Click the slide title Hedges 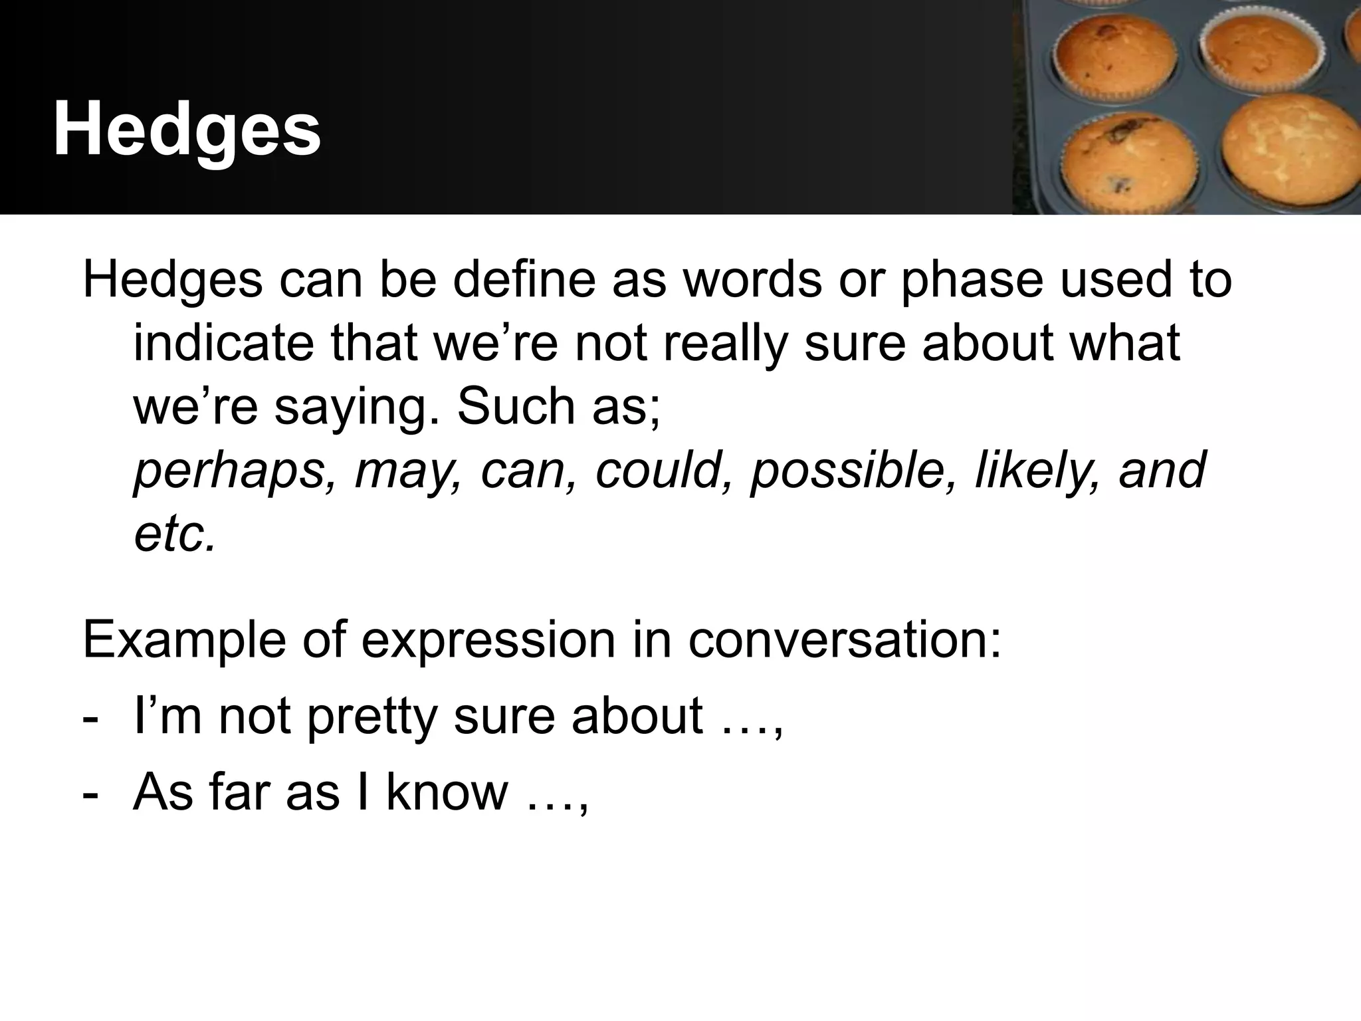187,129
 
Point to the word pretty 372,717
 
